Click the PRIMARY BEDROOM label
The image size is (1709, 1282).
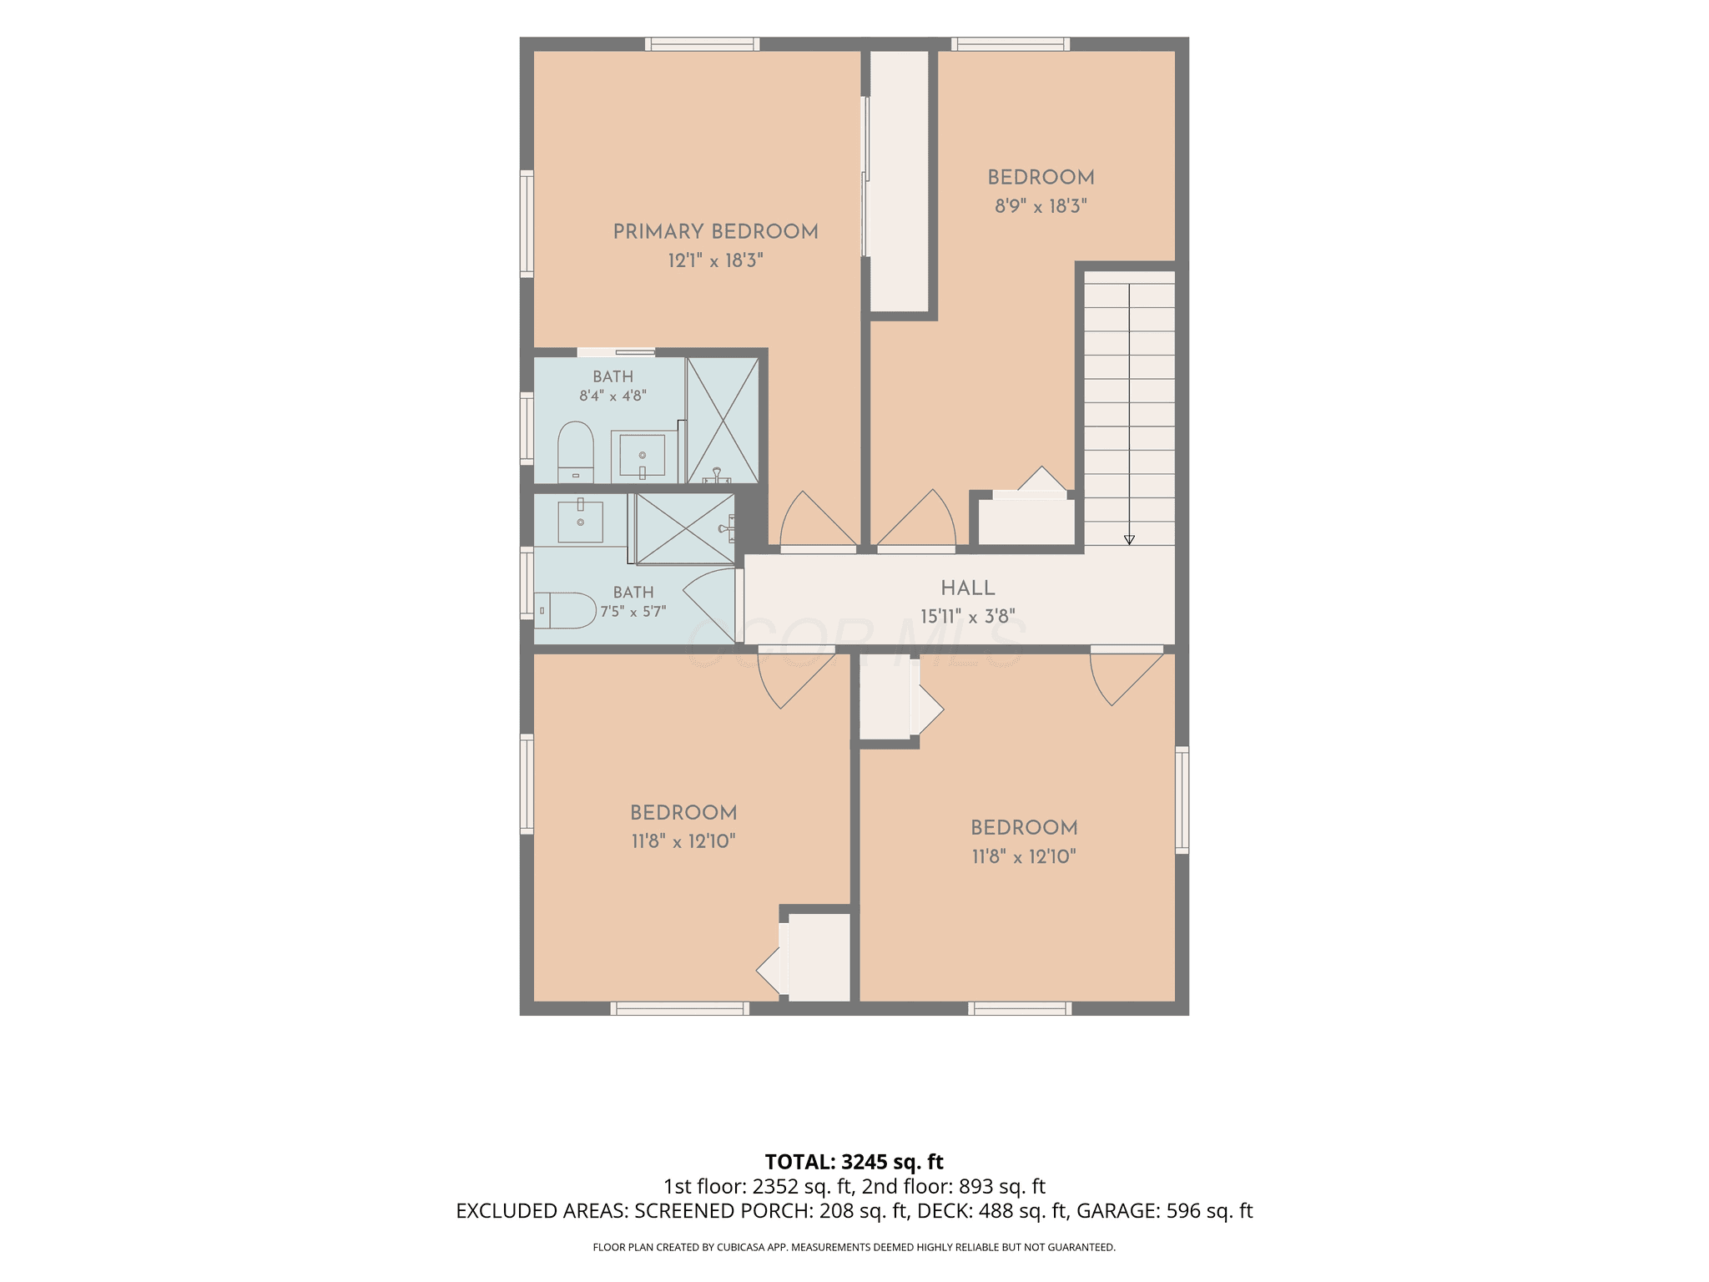click(715, 231)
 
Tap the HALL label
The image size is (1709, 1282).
click(968, 588)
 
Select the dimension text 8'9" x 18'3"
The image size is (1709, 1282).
click(1041, 205)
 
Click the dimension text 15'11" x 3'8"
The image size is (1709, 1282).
click(968, 616)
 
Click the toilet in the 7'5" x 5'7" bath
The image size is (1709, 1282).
click(565, 610)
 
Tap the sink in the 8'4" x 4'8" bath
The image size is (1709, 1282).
click(643, 457)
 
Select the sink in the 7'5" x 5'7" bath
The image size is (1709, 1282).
click(580, 520)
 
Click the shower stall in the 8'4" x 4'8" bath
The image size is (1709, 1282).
click(723, 420)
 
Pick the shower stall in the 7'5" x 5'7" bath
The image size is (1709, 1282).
click(685, 528)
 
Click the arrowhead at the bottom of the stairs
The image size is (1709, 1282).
click(1129, 540)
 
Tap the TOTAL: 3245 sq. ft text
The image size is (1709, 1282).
click(854, 1162)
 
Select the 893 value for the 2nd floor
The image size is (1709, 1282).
click(974, 1186)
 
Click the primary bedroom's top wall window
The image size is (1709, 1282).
click(702, 44)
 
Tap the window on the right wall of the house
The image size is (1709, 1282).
click(1182, 800)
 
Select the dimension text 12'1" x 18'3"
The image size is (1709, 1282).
click(715, 260)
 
